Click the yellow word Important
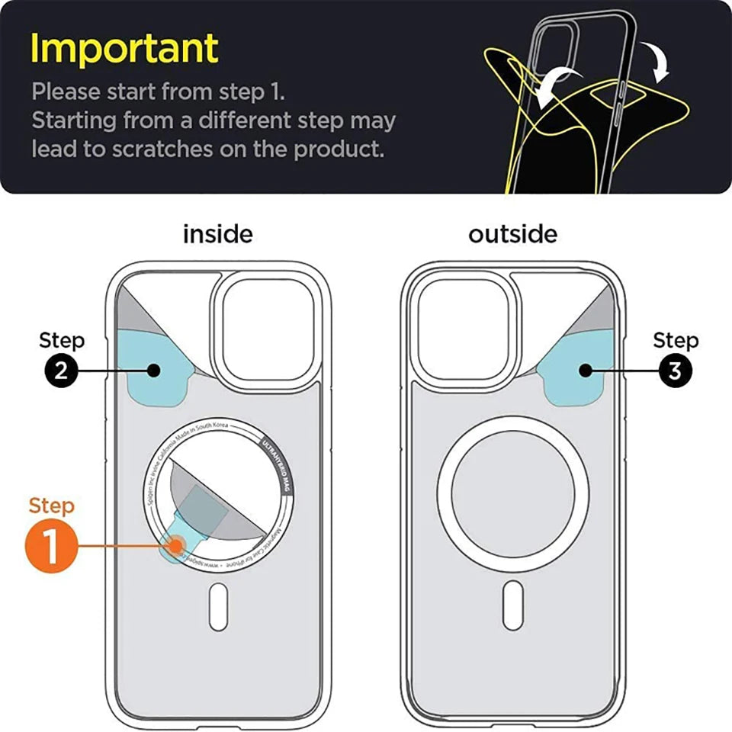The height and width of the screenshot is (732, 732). (124, 48)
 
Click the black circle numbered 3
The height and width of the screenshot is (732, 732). (675, 371)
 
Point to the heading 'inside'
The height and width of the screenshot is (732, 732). (217, 233)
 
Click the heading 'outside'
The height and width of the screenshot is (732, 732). (512, 233)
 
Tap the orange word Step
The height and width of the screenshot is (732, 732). (52, 506)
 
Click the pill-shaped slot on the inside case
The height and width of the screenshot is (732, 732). (219, 606)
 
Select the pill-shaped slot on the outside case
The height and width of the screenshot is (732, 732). (513, 605)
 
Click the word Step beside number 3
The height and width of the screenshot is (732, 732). (675, 340)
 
